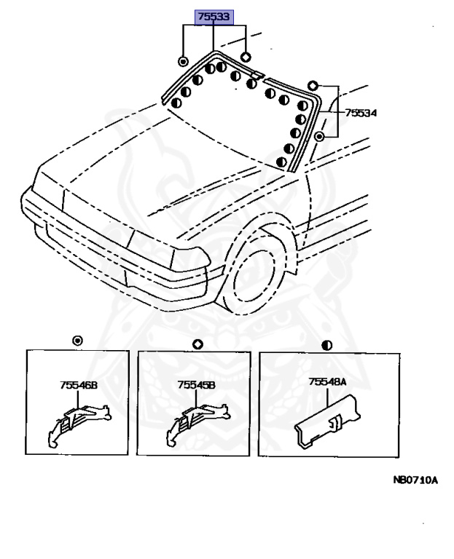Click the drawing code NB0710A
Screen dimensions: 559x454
tap(415, 480)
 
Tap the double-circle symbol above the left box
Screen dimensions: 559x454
tap(79, 341)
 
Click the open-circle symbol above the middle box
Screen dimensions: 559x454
tap(196, 344)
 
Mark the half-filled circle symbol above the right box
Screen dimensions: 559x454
tap(327, 344)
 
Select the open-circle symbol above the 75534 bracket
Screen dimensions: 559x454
tap(313, 84)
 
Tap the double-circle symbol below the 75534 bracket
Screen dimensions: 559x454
tap(320, 136)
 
